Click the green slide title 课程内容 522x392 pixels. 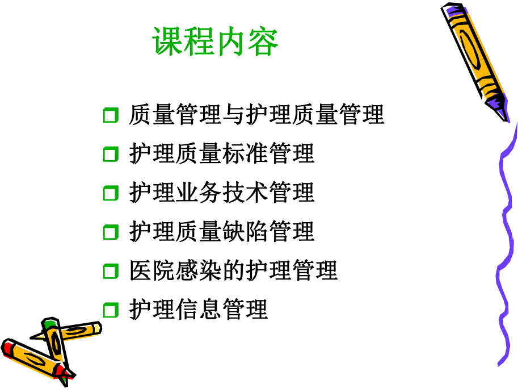tap(216, 43)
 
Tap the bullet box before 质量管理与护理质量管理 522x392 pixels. tap(111, 116)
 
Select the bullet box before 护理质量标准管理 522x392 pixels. tap(111, 155)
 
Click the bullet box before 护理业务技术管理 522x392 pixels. tap(111, 193)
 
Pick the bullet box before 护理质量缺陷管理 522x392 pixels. tap(111, 232)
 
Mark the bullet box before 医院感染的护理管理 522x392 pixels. tap(111, 271)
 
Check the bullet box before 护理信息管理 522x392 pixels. tap(111, 310)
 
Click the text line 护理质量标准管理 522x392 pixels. tap(222, 154)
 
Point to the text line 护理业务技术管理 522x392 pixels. tap(222, 193)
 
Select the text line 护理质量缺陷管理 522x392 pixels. tap(222, 231)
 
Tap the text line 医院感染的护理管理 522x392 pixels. tap(233, 270)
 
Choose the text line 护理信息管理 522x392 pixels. tap(198, 309)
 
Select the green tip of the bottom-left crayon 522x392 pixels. tap(50, 325)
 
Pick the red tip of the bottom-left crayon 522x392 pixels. tap(9, 347)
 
